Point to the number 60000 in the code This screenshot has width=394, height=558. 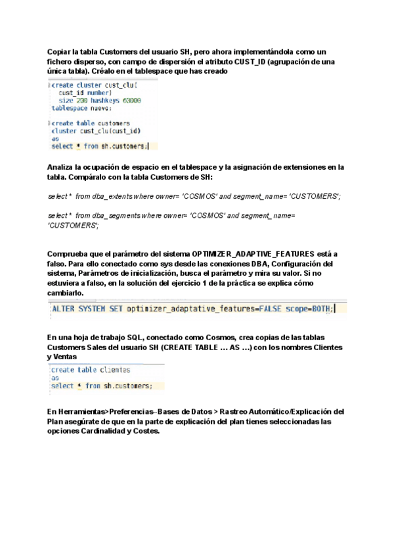coord(131,100)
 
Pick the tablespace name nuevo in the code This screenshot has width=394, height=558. coord(99,108)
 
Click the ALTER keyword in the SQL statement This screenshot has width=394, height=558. coord(64,309)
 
